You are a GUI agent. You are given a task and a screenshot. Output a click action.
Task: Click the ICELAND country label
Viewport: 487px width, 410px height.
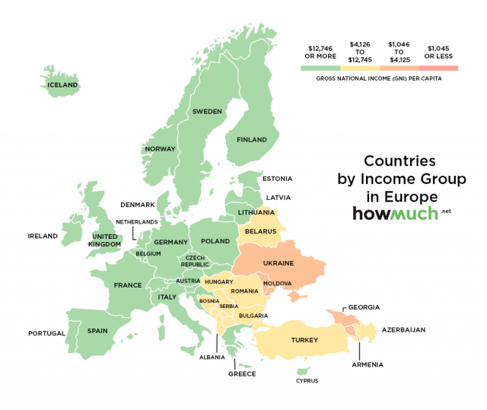[x=62, y=84]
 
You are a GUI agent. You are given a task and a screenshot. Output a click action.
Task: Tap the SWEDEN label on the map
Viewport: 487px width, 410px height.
[x=207, y=111]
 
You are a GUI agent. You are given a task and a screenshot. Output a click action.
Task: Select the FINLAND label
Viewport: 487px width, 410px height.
[x=252, y=140]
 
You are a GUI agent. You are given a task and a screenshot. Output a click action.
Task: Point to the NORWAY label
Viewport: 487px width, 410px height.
[x=161, y=148]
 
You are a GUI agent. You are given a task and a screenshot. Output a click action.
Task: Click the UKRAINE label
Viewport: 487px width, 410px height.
[x=278, y=262]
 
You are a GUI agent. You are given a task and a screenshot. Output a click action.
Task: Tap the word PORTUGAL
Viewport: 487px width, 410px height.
[x=46, y=333]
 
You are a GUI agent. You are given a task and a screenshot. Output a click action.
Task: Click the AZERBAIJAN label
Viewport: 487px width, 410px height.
[x=403, y=330]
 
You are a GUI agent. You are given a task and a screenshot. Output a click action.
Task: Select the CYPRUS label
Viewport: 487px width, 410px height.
[x=307, y=380]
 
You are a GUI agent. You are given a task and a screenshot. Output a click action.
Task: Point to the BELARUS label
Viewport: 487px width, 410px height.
[x=259, y=230]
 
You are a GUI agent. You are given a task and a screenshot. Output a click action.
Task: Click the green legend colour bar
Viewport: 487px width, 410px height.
[x=320, y=68]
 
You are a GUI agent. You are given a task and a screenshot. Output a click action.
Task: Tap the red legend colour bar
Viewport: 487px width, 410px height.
[x=438, y=68]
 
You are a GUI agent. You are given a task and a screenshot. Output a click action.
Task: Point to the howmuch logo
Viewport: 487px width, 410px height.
[x=395, y=213]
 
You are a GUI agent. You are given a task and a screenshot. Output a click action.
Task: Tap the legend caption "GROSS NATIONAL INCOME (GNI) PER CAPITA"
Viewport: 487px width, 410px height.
[x=379, y=79]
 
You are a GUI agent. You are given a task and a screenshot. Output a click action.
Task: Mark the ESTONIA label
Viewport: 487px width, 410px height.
[x=277, y=179]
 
